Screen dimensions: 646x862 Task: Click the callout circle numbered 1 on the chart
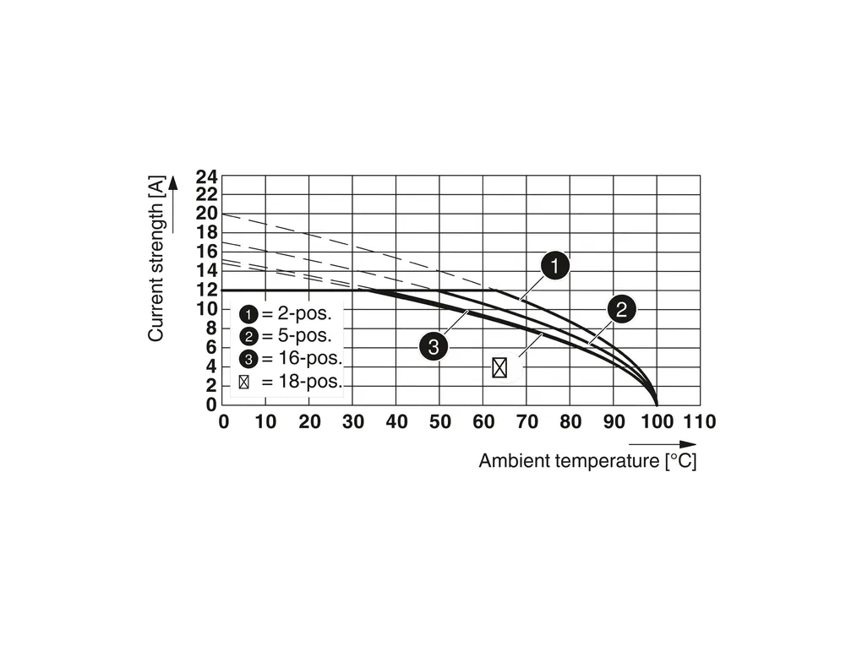(554, 267)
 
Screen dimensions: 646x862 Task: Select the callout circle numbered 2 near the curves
(620, 309)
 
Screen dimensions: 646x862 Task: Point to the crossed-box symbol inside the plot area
(499, 367)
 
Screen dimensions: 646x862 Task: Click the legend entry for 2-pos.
(286, 313)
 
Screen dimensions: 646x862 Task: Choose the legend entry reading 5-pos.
(286, 335)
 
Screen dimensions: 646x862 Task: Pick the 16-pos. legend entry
(290, 358)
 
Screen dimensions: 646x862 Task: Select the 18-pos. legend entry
(290, 382)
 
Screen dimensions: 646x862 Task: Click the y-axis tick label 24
(207, 176)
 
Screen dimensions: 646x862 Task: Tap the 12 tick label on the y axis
(207, 290)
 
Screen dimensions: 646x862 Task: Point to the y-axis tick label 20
(207, 214)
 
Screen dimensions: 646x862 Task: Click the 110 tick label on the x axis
(699, 421)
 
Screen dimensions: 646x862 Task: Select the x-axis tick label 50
(440, 421)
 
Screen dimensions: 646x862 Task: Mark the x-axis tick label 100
(657, 421)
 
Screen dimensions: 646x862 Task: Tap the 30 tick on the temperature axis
(353, 421)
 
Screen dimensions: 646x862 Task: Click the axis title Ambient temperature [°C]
(587, 461)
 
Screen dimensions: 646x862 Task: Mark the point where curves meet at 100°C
(657, 404)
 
